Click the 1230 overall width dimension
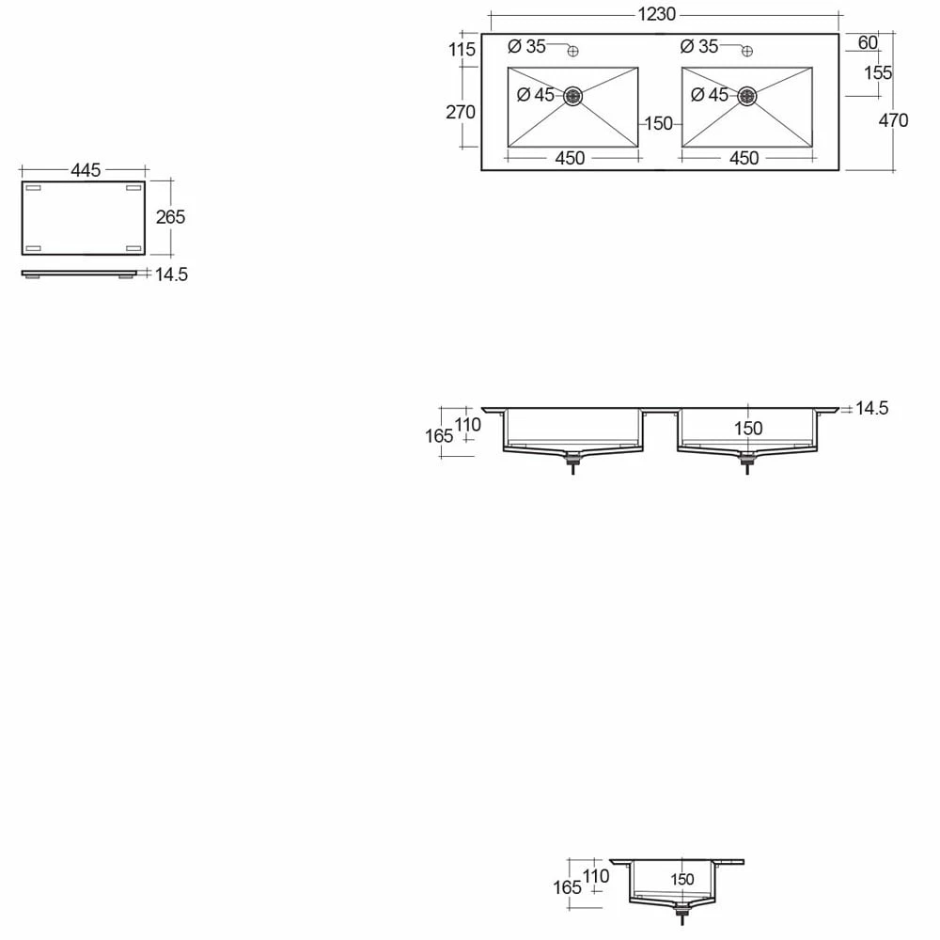point(656,14)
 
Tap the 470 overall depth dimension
point(893,120)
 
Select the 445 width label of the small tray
point(86,170)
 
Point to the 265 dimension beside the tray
point(171,217)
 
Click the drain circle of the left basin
point(573,96)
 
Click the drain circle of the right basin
point(747,96)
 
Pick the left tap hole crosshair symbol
point(573,51)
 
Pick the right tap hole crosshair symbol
point(747,51)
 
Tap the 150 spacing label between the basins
point(659,123)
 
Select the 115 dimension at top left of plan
point(462,49)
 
